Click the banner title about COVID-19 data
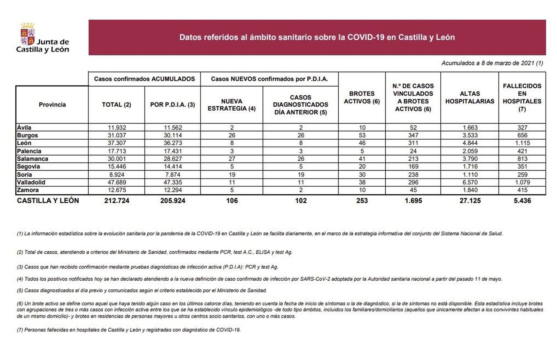point(317,37)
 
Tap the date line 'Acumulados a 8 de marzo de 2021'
point(492,63)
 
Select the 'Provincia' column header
point(52,104)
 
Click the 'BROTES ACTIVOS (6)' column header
point(362,97)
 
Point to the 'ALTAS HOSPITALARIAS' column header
point(470,97)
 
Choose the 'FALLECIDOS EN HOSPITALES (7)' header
point(522,97)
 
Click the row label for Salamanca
point(33,159)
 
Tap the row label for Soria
point(24,174)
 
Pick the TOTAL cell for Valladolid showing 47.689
point(117,182)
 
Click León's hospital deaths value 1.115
point(522,143)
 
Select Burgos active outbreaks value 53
point(362,135)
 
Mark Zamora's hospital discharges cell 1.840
point(470,190)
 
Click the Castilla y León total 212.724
point(117,201)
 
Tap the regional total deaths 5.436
point(522,201)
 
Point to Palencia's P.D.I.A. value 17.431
point(173,151)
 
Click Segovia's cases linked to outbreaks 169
point(413,166)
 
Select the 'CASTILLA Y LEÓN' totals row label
point(48,201)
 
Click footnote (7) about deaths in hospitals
point(129,330)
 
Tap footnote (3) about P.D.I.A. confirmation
point(148,267)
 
